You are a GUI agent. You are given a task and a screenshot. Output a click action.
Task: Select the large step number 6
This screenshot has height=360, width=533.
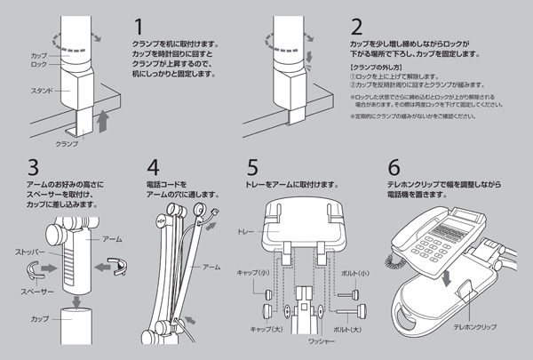click(x=394, y=167)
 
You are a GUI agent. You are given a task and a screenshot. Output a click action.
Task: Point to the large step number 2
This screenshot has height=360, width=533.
click(x=356, y=25)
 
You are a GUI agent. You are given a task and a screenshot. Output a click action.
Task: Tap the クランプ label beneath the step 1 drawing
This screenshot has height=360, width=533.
click(x=68, y=142)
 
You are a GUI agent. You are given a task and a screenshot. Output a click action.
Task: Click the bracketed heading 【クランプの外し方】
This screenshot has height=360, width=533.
click(x=374, y=68)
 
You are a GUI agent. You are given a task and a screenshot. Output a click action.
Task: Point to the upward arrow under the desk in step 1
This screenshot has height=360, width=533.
click(x=105, y=120)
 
